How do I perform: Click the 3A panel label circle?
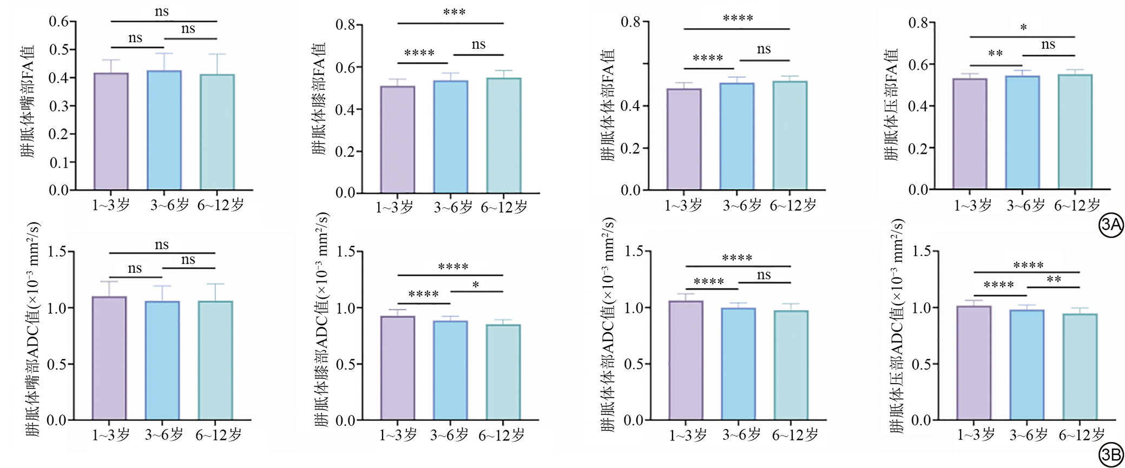[1111, 225]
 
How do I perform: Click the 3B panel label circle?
[1111, 456]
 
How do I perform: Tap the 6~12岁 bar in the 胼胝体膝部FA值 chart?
[504, 135]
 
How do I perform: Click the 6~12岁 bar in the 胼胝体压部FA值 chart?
[1075, 132]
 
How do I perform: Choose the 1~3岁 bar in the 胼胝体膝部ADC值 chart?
[398, 368]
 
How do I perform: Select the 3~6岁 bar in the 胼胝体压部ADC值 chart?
[1027, 365]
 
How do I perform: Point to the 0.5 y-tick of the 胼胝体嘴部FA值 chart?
[59, 50]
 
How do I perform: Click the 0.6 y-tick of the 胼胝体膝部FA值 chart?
[345, 68]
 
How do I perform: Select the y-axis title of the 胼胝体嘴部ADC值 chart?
[32, 329]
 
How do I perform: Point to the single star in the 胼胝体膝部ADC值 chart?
[476, 285]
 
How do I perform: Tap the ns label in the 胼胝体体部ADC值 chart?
[764, 275]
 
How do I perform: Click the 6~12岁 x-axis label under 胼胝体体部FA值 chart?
[793, 206]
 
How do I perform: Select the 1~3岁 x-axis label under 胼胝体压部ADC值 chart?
[976, 435]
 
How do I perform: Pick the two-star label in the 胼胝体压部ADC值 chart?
[1054, 280]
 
